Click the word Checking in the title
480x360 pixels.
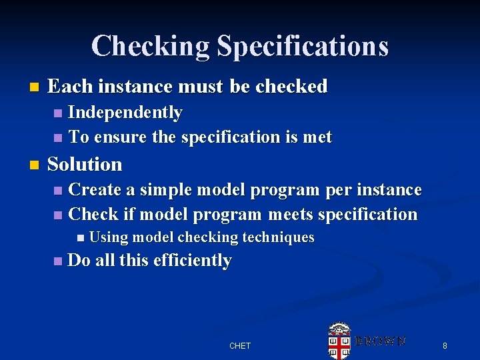(x=151, y=46)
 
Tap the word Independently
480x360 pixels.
(x=125, y=113)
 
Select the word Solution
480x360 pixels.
(x=85, y=164)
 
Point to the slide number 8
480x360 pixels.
(x=445, y=345)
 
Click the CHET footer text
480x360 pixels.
(x=240, y=345)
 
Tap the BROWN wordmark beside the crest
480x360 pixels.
(x=380, y=341)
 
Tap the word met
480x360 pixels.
(x=318, y=137)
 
